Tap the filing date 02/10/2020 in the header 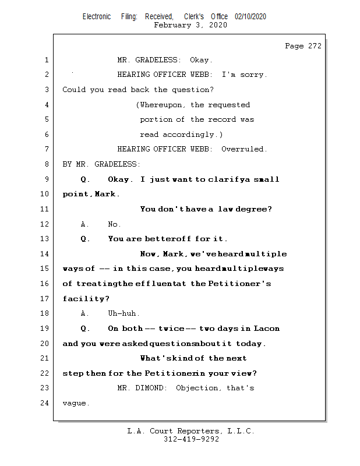(250, 17)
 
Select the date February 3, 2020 (190, 26)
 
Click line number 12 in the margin (45, 224)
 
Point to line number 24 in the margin (45, 403)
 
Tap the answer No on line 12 (114, 224)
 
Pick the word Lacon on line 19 (267, 329)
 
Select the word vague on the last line (75, 403)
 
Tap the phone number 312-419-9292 (191, 440)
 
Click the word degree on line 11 (254, 209)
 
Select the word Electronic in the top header (97, 17)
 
